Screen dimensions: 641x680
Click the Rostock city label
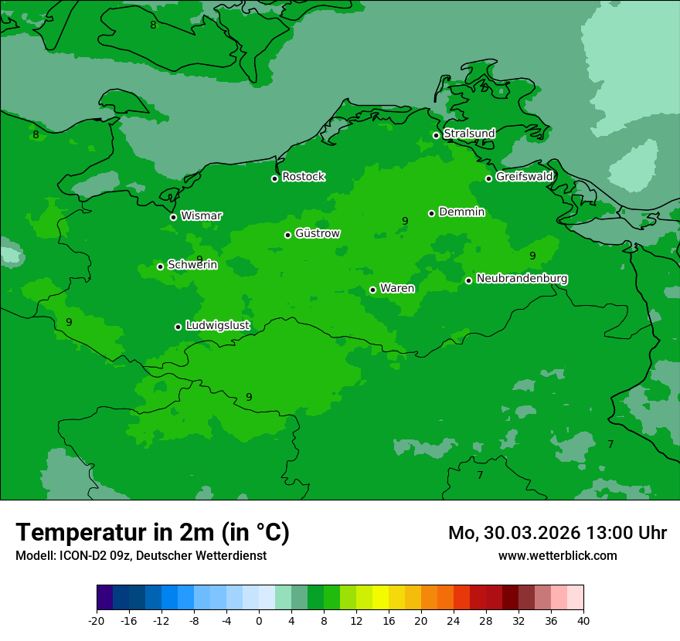pos(303,177)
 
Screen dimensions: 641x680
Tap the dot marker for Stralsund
pos(436,135)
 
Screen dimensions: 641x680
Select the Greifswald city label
pos(524,177)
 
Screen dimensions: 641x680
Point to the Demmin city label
pos(461,212)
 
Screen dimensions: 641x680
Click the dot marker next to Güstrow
pos(287,235)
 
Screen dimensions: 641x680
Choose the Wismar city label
pos(201,215)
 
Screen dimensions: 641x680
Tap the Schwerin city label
pos(192,265)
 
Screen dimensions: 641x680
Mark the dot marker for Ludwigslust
pos(178,327)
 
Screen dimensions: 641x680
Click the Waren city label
pos(397,288)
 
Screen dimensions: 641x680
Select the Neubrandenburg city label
pos(522,278)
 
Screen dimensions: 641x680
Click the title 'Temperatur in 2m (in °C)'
pos(152,532)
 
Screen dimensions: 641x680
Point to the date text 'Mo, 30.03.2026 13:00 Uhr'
pos(557,533)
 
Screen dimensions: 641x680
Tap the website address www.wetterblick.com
pos(557,555)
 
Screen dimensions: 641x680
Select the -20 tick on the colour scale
pos(97,621)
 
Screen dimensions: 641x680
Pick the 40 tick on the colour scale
pos(583,621)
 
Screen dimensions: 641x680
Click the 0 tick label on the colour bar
pos(259,621)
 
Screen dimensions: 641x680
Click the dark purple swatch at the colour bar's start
pos(105,598)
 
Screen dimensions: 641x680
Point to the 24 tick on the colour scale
pos(454,621)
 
